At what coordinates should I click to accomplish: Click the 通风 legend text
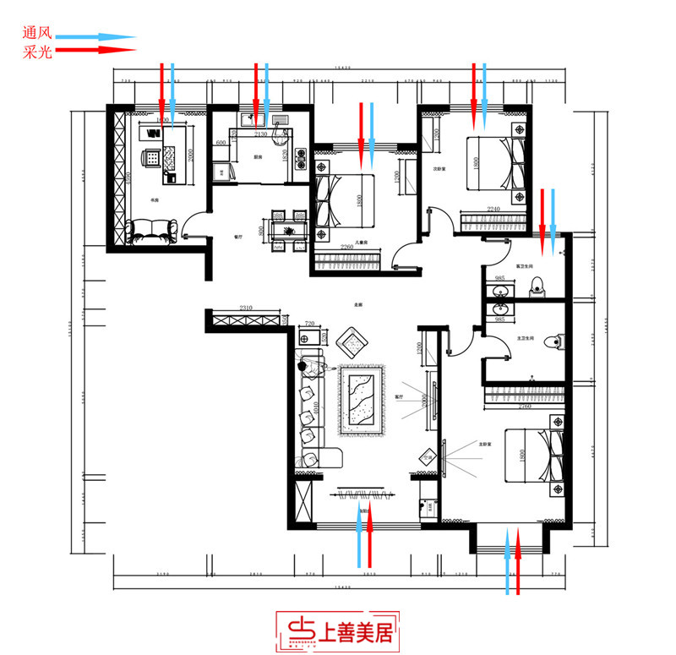tap(39, 36)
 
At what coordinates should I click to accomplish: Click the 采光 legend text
tap(39, 52)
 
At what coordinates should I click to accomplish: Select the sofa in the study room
tap(152, 229)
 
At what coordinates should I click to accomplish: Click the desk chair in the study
tap(151, 157)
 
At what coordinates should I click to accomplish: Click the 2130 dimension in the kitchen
tap(260, 134)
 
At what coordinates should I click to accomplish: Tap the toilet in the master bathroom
tap(553, 342)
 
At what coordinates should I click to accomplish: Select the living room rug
tap(363, 398)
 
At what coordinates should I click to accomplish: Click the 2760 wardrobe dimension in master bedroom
tap(523, 408)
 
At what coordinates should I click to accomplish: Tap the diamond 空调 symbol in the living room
tap(427, 456)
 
